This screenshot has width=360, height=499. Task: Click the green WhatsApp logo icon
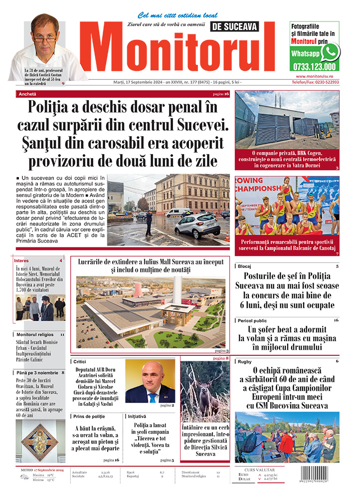click(330, 52)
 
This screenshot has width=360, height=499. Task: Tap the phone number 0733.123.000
click(314, 66)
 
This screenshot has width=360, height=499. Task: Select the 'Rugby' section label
click(245, 361)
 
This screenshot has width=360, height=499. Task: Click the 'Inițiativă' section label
click(137, 416)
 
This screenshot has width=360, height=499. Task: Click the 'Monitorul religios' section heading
click(34, 334)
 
